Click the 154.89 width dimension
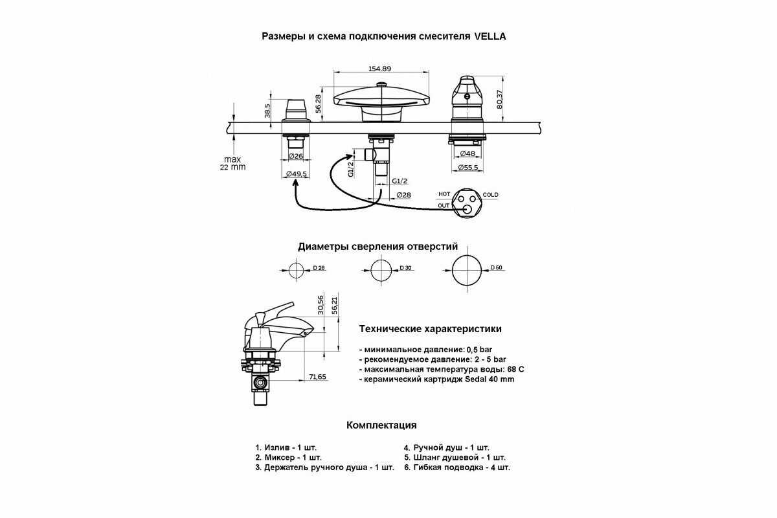point(379,69)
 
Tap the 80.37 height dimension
point(499,99)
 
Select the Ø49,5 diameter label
point(297,174)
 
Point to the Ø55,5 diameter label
point(468,168)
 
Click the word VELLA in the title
point(490,36)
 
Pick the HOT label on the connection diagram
point(444,194)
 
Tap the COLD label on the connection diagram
point(490,195)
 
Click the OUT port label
point(444,205)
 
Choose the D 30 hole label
point(405,268)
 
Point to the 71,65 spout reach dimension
point(317,377)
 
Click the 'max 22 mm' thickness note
point(232,163)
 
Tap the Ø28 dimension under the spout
point(404,195)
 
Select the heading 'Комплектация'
point(381,425)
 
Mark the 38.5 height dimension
point(267,111)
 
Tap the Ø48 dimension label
point(467,153)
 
